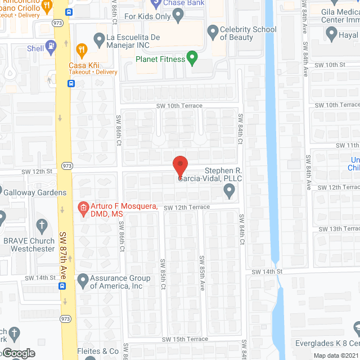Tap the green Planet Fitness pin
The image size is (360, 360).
(192, 57)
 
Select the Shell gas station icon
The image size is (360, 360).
(52, 47)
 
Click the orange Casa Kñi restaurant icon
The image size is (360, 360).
(82, 49)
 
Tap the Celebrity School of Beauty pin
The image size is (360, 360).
(213, 32)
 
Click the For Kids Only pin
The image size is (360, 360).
(179, 16)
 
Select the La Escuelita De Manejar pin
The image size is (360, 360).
(99, 38)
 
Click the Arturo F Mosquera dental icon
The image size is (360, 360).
(83, 208)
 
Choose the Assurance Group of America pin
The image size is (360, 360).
(83, 279)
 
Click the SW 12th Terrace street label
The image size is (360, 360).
(187, 207)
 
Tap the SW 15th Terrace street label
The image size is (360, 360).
(185, 339)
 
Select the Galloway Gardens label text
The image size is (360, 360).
(35, 192)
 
